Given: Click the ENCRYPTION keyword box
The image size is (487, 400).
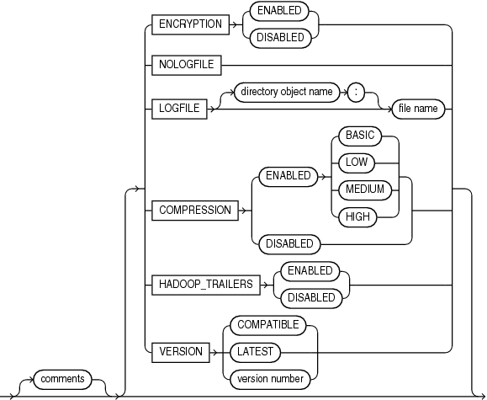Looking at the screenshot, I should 190,24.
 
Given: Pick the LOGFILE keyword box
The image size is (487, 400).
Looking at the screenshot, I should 178,109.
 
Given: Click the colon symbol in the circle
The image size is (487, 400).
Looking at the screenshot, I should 357,93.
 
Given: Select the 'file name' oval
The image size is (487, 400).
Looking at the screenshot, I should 416,109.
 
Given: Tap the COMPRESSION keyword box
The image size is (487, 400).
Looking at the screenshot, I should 194,211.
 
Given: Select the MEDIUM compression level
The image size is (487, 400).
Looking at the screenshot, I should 364,189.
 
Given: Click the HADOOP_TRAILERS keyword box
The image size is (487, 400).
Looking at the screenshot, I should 205,284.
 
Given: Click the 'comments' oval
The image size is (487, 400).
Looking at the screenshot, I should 63,379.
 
